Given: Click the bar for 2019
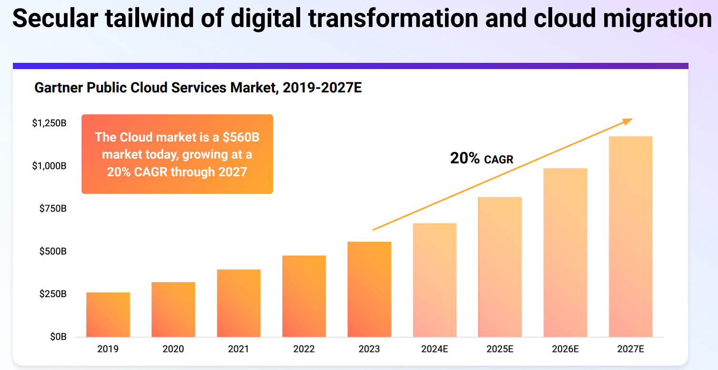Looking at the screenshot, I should tap(108, 315).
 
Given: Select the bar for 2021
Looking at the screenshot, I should tap(239, 303).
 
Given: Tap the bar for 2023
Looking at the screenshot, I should tap(369, 290).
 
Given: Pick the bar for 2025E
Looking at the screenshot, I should tap(500, 267).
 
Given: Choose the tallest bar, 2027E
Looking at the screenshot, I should tap(630, 237).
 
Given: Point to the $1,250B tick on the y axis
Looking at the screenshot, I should tap(49, 123).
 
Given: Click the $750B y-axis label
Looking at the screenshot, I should tap(52, 209).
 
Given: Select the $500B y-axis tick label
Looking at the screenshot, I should tap(52, 251).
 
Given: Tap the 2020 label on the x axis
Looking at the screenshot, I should tap(173, 349).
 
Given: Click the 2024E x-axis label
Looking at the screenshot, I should tap(435, 349).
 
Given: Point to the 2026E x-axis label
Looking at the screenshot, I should tap(565, 349).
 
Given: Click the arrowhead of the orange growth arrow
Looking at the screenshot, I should tap(628, 121).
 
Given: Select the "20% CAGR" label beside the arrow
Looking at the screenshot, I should tap(482, 159).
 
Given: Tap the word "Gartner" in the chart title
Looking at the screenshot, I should tap(57, 88).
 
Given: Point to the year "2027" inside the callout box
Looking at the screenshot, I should tap(233, 172).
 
